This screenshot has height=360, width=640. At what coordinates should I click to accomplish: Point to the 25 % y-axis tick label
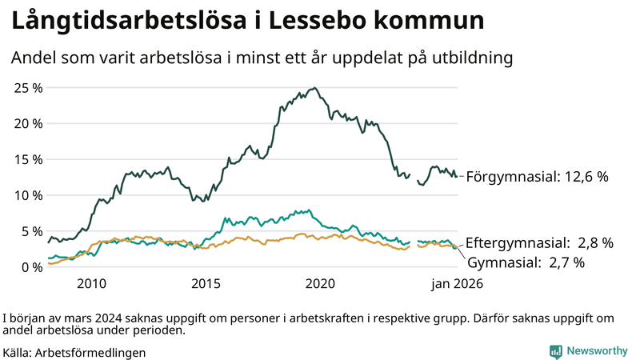pyautogui.click(x=28, y=87)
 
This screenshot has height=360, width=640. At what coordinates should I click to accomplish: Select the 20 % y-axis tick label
pyautogui.click(x=28, y=123)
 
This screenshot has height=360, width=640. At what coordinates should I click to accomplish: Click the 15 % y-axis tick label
pyautogui.click(x=28, y=159)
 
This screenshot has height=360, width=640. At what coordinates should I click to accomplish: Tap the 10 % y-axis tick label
pyautogui.click(x=28, y=195)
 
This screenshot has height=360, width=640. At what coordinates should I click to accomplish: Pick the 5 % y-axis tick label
pyautogui.click(x=31, y=231)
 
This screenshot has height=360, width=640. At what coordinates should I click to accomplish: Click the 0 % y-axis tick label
pyautogui.click(x=31, y=267)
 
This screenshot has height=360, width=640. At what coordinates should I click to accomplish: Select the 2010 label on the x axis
pyautogui.click(x=91, y=284)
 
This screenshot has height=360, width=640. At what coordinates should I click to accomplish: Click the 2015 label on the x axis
pyautogui.click(x=206, y=284)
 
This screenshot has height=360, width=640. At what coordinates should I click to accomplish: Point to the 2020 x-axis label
pyautogui.click(x=320, y=284)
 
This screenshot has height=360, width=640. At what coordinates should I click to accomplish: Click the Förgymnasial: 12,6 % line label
pyautogui.click(x=537, y=177)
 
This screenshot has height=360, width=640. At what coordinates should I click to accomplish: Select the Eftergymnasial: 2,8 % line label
pyautogui.click(x=539, y=242)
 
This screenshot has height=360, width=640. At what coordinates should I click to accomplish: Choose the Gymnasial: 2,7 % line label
pyautogui.click(x=526, y=262)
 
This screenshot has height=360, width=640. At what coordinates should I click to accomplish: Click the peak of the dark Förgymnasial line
pyautogui.click(x=314, y=88)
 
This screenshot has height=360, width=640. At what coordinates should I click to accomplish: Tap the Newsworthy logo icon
pyautogui.click(x=555, y=351)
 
